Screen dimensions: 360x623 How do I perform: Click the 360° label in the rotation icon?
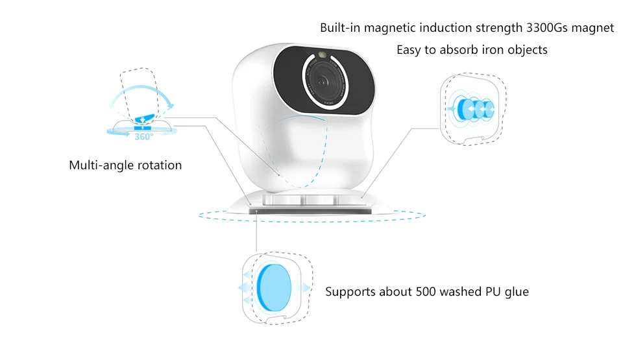pyautogui.click(x=144, y=137)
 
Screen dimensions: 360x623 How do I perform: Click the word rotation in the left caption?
pyautogui.click(x=159, y=165)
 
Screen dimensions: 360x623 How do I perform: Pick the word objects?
pyautogui.click(x=526, y=50)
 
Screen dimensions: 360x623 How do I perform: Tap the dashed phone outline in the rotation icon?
pyautogui.click(x=138, y=84)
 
